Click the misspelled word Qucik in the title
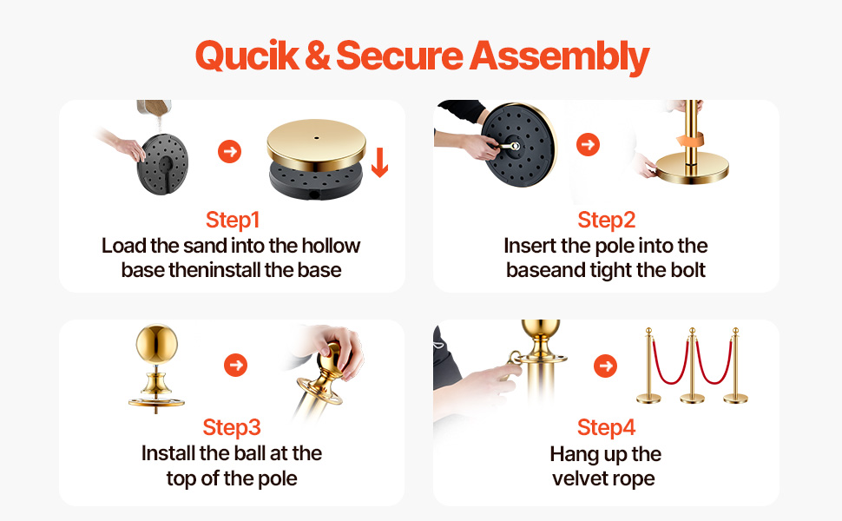pyautogui.click(x=247, y=56)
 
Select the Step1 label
pyautogui.click(x=233, y=220)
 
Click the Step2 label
pyautogui.click(x=606, y=220)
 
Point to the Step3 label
pyautogui.click(x=232, y=427)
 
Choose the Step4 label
pyautogui.click(x=606, y=427)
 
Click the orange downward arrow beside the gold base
pyautogui.click(x=379, y=162)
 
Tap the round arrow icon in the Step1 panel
pyautogui.click(x=229, y=151)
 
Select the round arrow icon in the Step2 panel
pyautogui.click(x=588, y=144)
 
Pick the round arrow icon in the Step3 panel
pyautogui.click(x=235, y=366)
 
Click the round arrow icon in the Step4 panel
pyautogui.click(x=605, y=366)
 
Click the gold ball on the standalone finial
pyautogui.click(x=156, y=344)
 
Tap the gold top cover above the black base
pyautogui.click(x=316, y=144)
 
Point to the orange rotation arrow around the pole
pyautogui.click(x=690, y=140)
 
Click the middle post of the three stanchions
pyautogui.click(x=692, y=366)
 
